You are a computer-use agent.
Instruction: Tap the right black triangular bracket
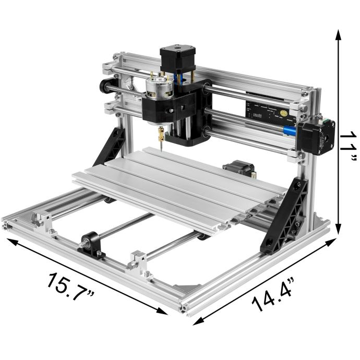coord(285,214)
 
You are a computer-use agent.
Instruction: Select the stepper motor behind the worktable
coord(239,169)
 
